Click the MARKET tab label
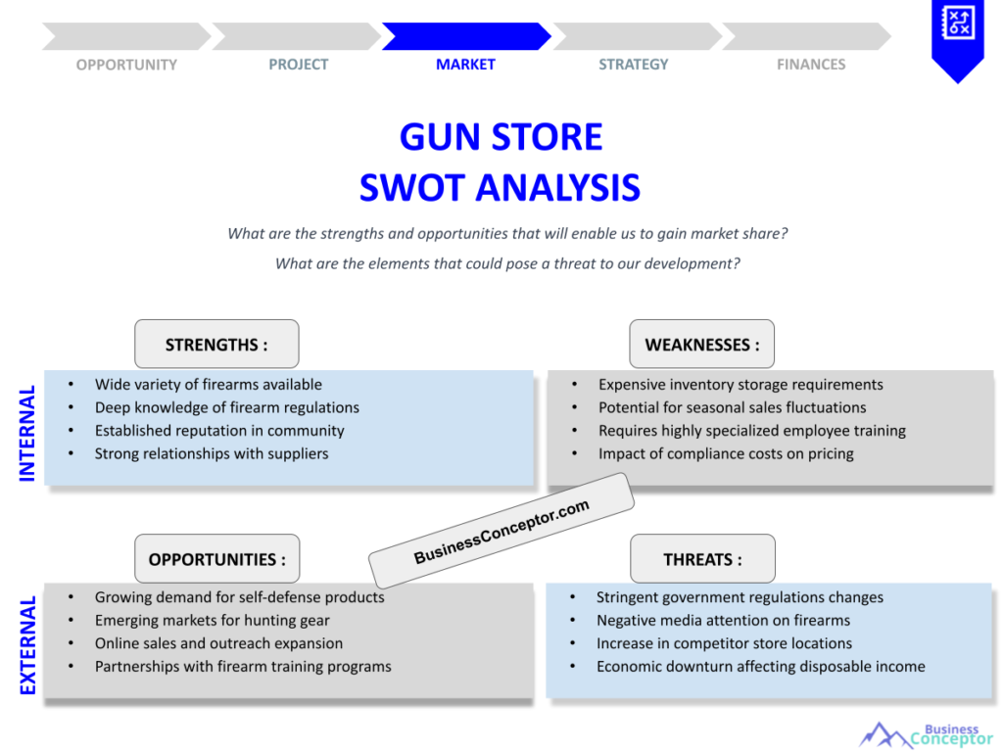point(465,65)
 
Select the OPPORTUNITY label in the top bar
point(126,65)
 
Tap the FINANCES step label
point(811,65)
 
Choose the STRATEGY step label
point(634,65)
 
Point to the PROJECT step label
point(299,65)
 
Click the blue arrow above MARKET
point(466,36)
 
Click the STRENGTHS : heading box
point(216,345)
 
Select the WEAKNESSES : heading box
point(701,345)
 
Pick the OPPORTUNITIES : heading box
point(217,559)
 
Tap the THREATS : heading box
point(702,559)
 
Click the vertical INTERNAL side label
point(27,433)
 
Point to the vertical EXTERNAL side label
point(27,645)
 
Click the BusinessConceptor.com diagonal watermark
point(501,531)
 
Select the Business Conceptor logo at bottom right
point(925,734)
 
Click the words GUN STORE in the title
point(501,136)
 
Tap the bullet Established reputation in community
point(218,431)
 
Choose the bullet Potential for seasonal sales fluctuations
point(732,407)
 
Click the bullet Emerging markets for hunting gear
point(212,620)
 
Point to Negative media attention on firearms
point(723,620)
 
